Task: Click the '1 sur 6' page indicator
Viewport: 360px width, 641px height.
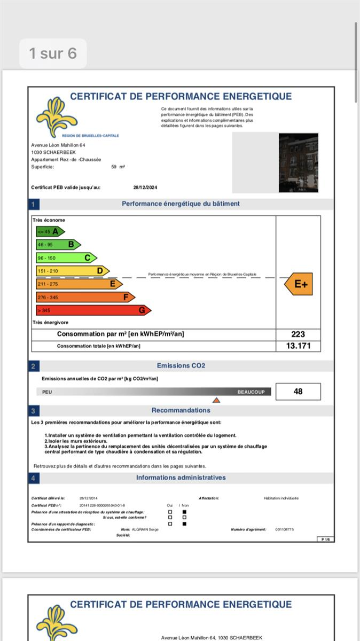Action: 52,53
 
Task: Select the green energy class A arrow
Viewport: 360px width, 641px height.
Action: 50,231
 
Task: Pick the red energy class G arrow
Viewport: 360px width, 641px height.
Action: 93,310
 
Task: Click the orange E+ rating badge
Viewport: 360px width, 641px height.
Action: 299,284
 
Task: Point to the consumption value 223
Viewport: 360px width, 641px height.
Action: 298,334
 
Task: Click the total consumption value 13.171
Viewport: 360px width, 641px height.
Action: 298,346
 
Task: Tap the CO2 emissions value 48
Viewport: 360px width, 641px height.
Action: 298,392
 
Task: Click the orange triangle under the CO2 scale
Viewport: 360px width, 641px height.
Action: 216,400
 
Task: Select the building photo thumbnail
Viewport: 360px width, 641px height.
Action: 298,163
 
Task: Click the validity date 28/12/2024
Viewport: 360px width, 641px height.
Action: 145,187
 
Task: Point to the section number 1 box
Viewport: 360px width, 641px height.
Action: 33,204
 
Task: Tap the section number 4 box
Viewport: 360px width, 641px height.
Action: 33,478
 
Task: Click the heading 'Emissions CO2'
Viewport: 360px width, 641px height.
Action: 181,366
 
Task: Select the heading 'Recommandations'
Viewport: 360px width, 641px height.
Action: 181,410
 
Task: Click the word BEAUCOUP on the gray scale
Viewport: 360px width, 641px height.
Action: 251,392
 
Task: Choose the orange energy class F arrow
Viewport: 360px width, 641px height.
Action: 85,297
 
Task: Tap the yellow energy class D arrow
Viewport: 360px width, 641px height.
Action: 72,271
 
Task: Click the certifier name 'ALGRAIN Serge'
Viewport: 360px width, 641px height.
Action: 145,529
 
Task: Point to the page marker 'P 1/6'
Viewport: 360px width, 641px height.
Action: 325,540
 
